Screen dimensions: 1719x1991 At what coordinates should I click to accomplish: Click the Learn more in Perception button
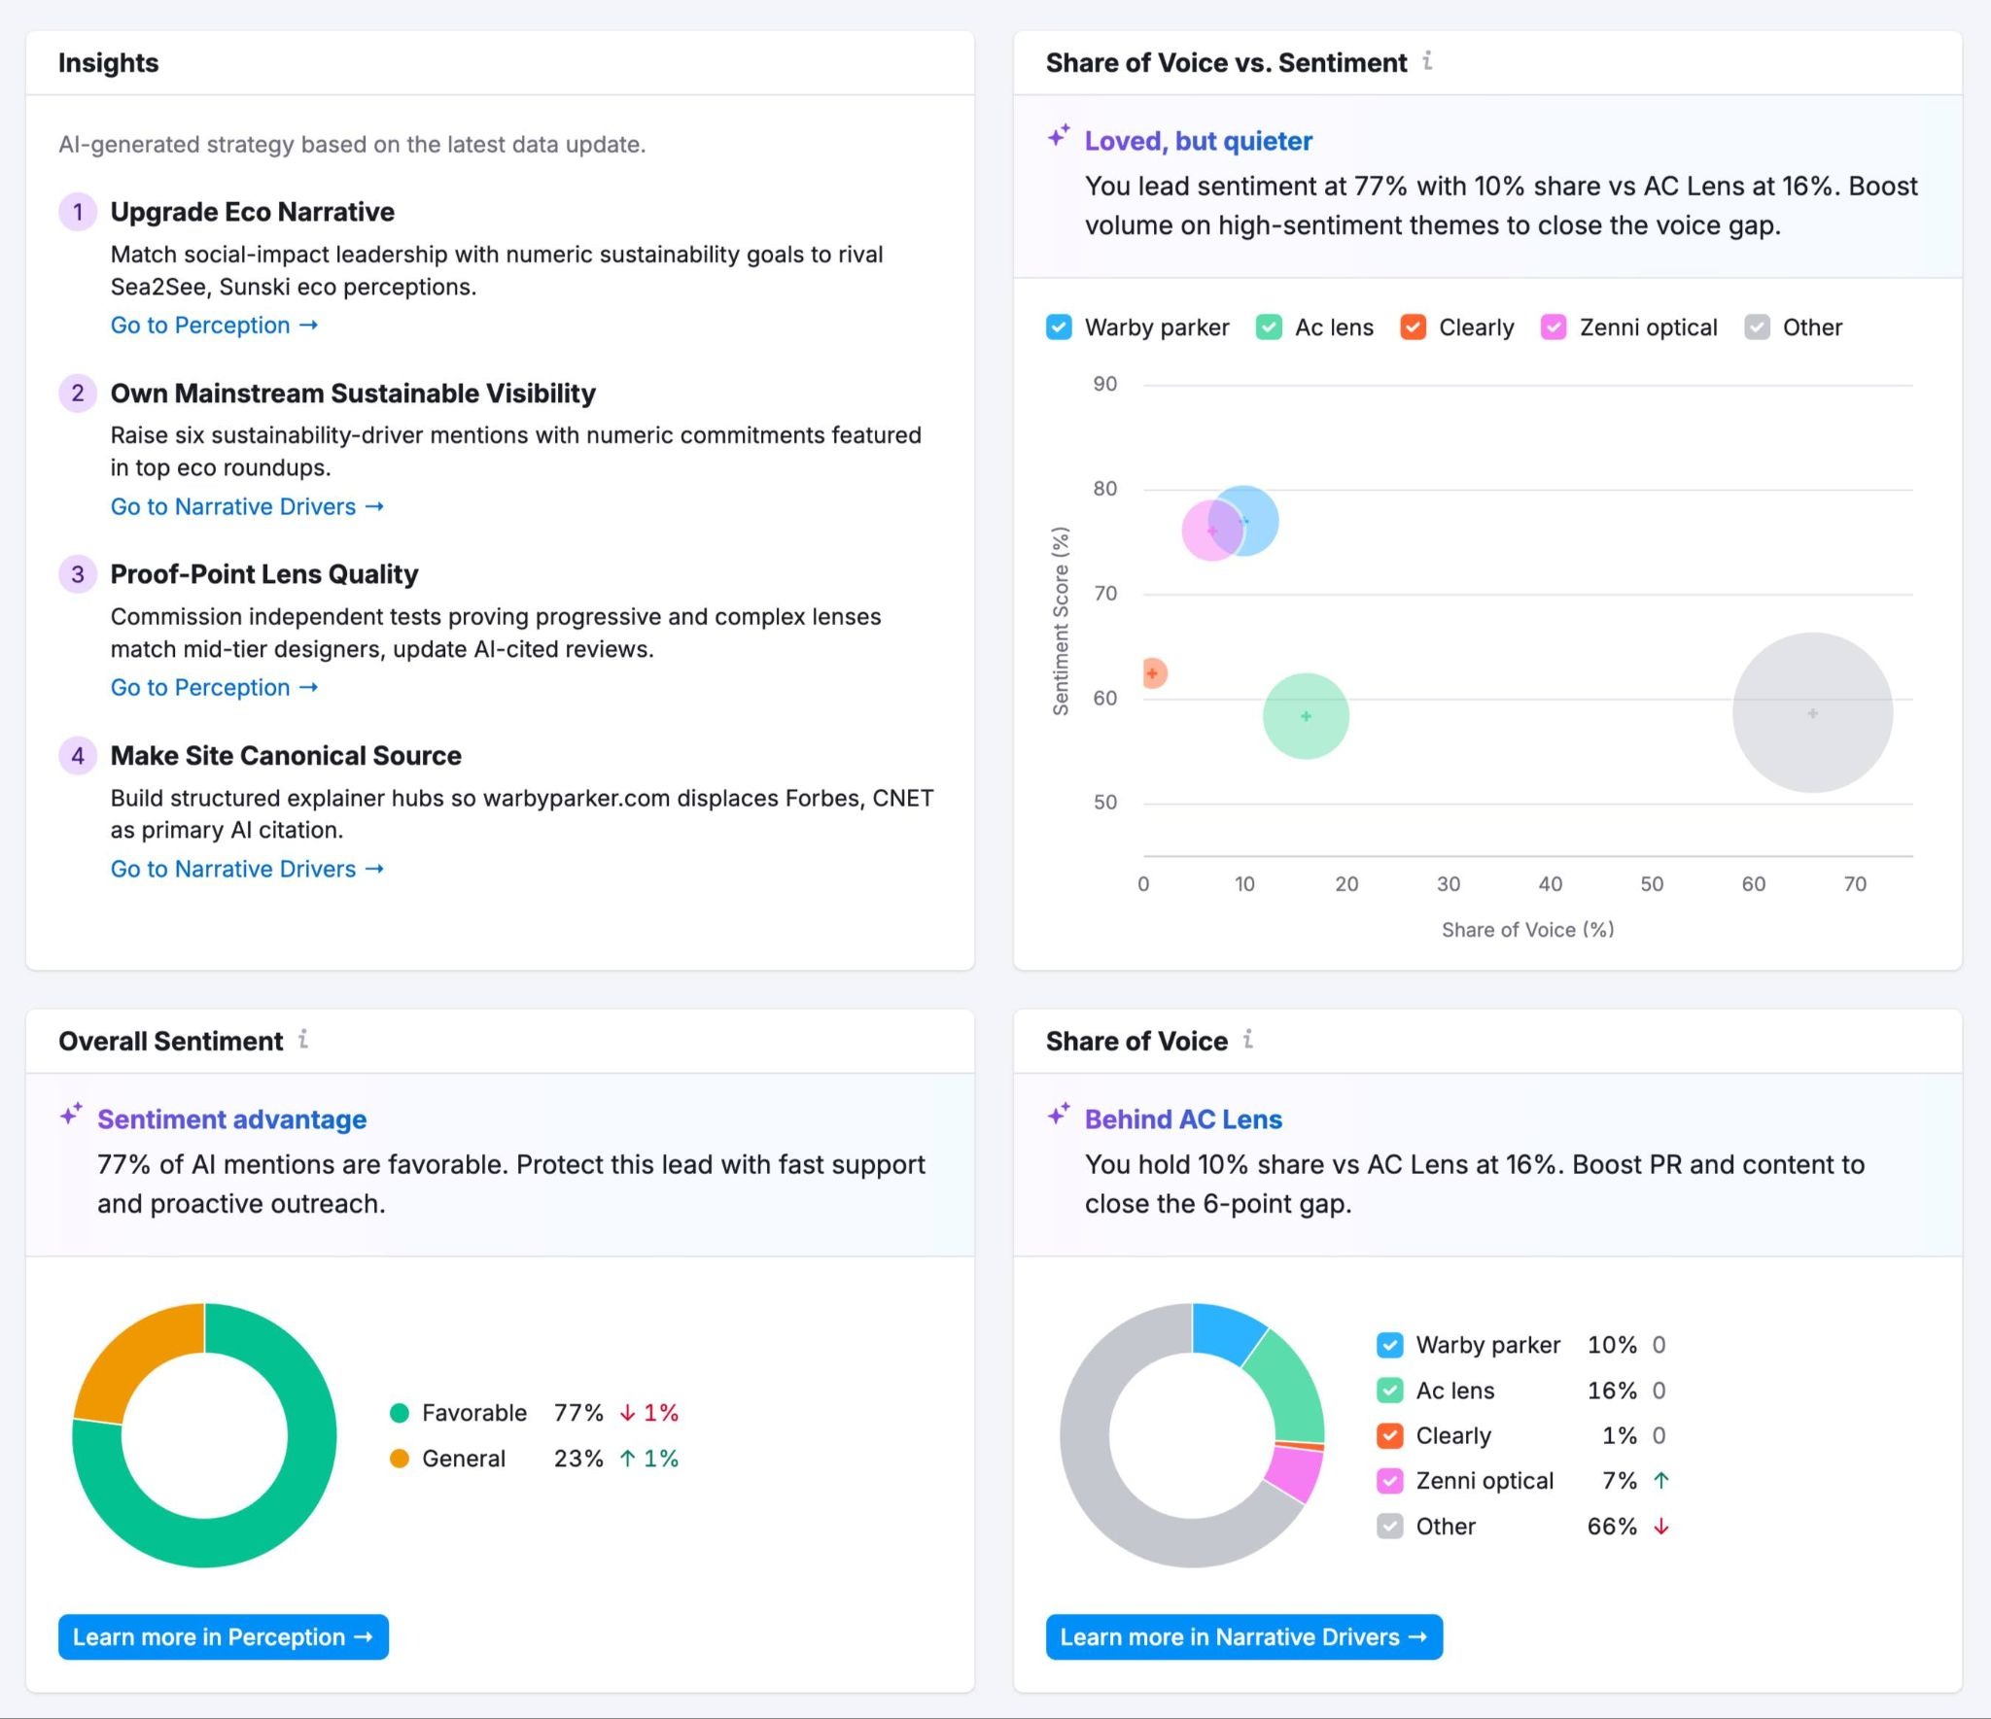pos(223,1637)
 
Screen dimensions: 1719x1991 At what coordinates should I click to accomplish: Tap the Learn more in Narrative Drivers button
pos(1243,1637)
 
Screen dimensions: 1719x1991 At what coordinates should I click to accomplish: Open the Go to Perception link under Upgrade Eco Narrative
pos(214,326)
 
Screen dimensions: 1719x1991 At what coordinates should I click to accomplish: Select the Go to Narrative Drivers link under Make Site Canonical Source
pos(247,869)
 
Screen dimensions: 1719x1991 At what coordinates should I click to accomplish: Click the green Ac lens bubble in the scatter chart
pos(1306,716)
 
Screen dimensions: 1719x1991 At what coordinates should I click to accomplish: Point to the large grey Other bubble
pos(1812,713)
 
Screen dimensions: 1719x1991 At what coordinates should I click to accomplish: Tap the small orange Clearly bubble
pos(1153,672)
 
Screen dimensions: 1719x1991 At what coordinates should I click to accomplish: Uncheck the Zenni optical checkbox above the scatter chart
pos(1554,327)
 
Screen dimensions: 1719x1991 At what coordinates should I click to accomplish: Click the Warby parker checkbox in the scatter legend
pos(1059,327)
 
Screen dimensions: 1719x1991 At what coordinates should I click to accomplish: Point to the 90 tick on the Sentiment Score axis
pos(1105,384)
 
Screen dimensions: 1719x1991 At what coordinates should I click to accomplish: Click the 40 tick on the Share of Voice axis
pos(1550,884)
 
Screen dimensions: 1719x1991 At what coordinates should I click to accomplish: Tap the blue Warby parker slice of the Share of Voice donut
pos(1227,1333)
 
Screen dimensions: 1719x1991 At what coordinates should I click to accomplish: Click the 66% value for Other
pos(1612,1527)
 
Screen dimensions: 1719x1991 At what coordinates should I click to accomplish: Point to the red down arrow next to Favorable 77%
pos(627,1413)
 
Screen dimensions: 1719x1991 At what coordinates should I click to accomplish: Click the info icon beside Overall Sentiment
pos(303,1040)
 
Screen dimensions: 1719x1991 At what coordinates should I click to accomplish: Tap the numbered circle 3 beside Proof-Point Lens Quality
pos(78,574)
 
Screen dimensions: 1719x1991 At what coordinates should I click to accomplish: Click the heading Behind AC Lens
pos(1183,1119)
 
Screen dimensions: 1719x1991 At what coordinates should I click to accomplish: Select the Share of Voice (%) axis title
pos(1527,930)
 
